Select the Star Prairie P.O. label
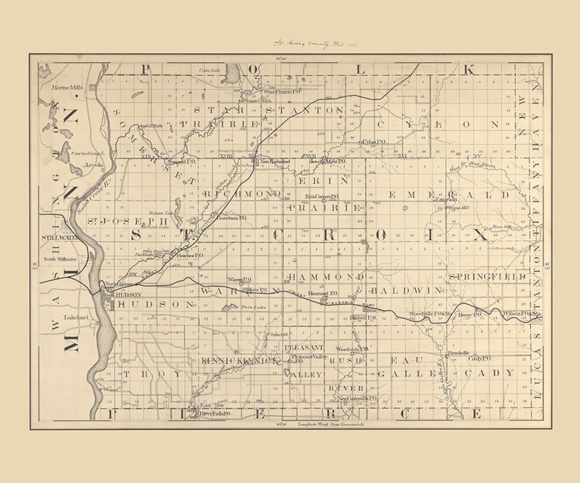[278, 92]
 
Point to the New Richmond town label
[275, 161]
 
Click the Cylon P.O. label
[375, 142]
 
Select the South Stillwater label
[60, 259]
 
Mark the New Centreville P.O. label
[357, 398]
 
